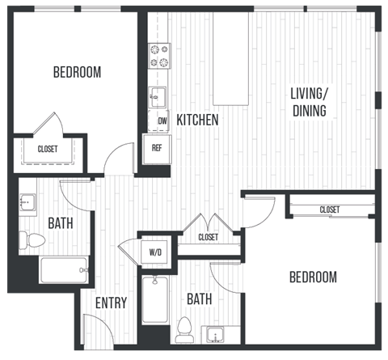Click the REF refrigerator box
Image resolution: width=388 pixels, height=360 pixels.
pyautogui.click(x=157, y=148)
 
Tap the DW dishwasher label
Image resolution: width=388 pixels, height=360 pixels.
pyautogui.click(x=162, y=121)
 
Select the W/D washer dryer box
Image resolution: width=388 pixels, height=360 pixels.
pyautogui.click(x=155, y=252)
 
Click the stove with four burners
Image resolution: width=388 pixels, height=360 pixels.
pyautogui.click(x=159, y=55)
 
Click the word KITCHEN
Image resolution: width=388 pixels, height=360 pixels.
pyautogui.click(x=198, y=121)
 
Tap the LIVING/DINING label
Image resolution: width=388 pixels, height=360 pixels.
pyautogui.click(x=310, y=103)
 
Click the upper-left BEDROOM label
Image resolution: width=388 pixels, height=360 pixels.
pyautogui.click(x=77, y=72)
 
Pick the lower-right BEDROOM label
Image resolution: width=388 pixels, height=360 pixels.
pyautogui.click(x=313, y=277)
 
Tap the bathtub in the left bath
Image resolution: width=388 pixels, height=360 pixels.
pyautogui.click(x=64, y=270)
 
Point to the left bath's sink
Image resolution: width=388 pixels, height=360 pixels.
pyautogui.click(x=29, y=202)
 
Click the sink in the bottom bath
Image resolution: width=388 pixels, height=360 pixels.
pyautogui.click(x=215, y=334)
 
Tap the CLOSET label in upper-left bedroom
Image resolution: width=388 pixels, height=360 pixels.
pyautogui.click(x=47, y=149)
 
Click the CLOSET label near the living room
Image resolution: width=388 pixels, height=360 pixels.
pyautogui.click(x=329, y=210)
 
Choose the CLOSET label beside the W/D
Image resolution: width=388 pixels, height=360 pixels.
pyautogui.click(x=208, y=237)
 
